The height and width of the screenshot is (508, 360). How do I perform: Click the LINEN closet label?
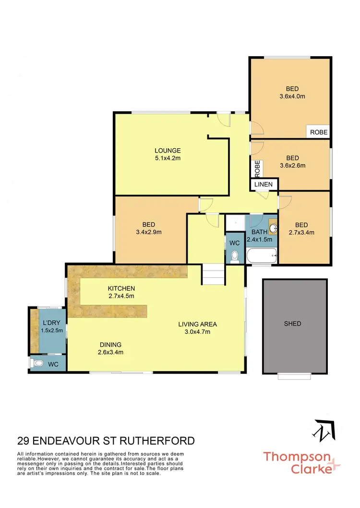coord(264,184)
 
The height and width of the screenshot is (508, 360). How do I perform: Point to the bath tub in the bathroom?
coord(262,256)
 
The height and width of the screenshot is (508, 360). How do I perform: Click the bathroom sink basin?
coord(273,228)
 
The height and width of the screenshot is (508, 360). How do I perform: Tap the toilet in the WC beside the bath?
coord(234,258)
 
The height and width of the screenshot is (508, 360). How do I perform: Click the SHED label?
coord(292,324)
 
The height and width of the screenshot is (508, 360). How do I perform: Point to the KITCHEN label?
coord(121,288)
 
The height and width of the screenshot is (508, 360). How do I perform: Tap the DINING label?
coord(110,344)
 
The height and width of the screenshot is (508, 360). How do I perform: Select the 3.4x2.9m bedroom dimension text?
coord(148,232)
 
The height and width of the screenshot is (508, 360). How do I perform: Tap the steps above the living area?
coord(213,275)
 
